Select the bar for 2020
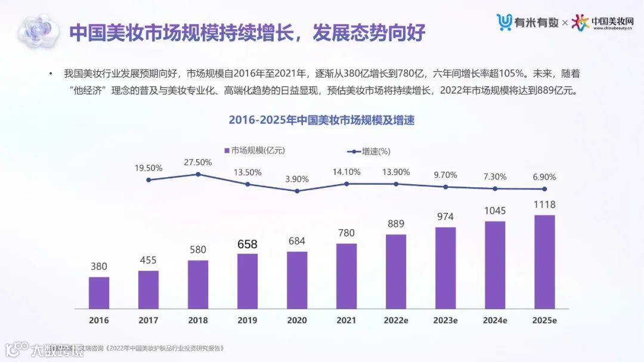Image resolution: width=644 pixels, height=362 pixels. click(x=297, y=280)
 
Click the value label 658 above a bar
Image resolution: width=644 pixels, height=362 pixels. click(x=247, y=244)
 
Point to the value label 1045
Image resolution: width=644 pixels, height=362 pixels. click(x=495, y=211)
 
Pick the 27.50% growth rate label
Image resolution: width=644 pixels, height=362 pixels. click(x=198, y=162)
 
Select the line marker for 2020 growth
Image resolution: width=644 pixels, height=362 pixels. click(x=297, y=191)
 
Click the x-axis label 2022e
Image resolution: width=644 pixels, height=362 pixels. click(x=396, y=320)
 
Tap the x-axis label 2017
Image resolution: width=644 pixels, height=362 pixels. click(x=148, y=320)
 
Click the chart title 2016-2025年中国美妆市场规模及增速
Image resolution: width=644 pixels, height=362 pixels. click(x=321, y=120)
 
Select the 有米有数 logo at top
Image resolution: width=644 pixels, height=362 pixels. click(x=528, y=22)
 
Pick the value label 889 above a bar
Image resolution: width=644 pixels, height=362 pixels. click(x=396, y=224)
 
